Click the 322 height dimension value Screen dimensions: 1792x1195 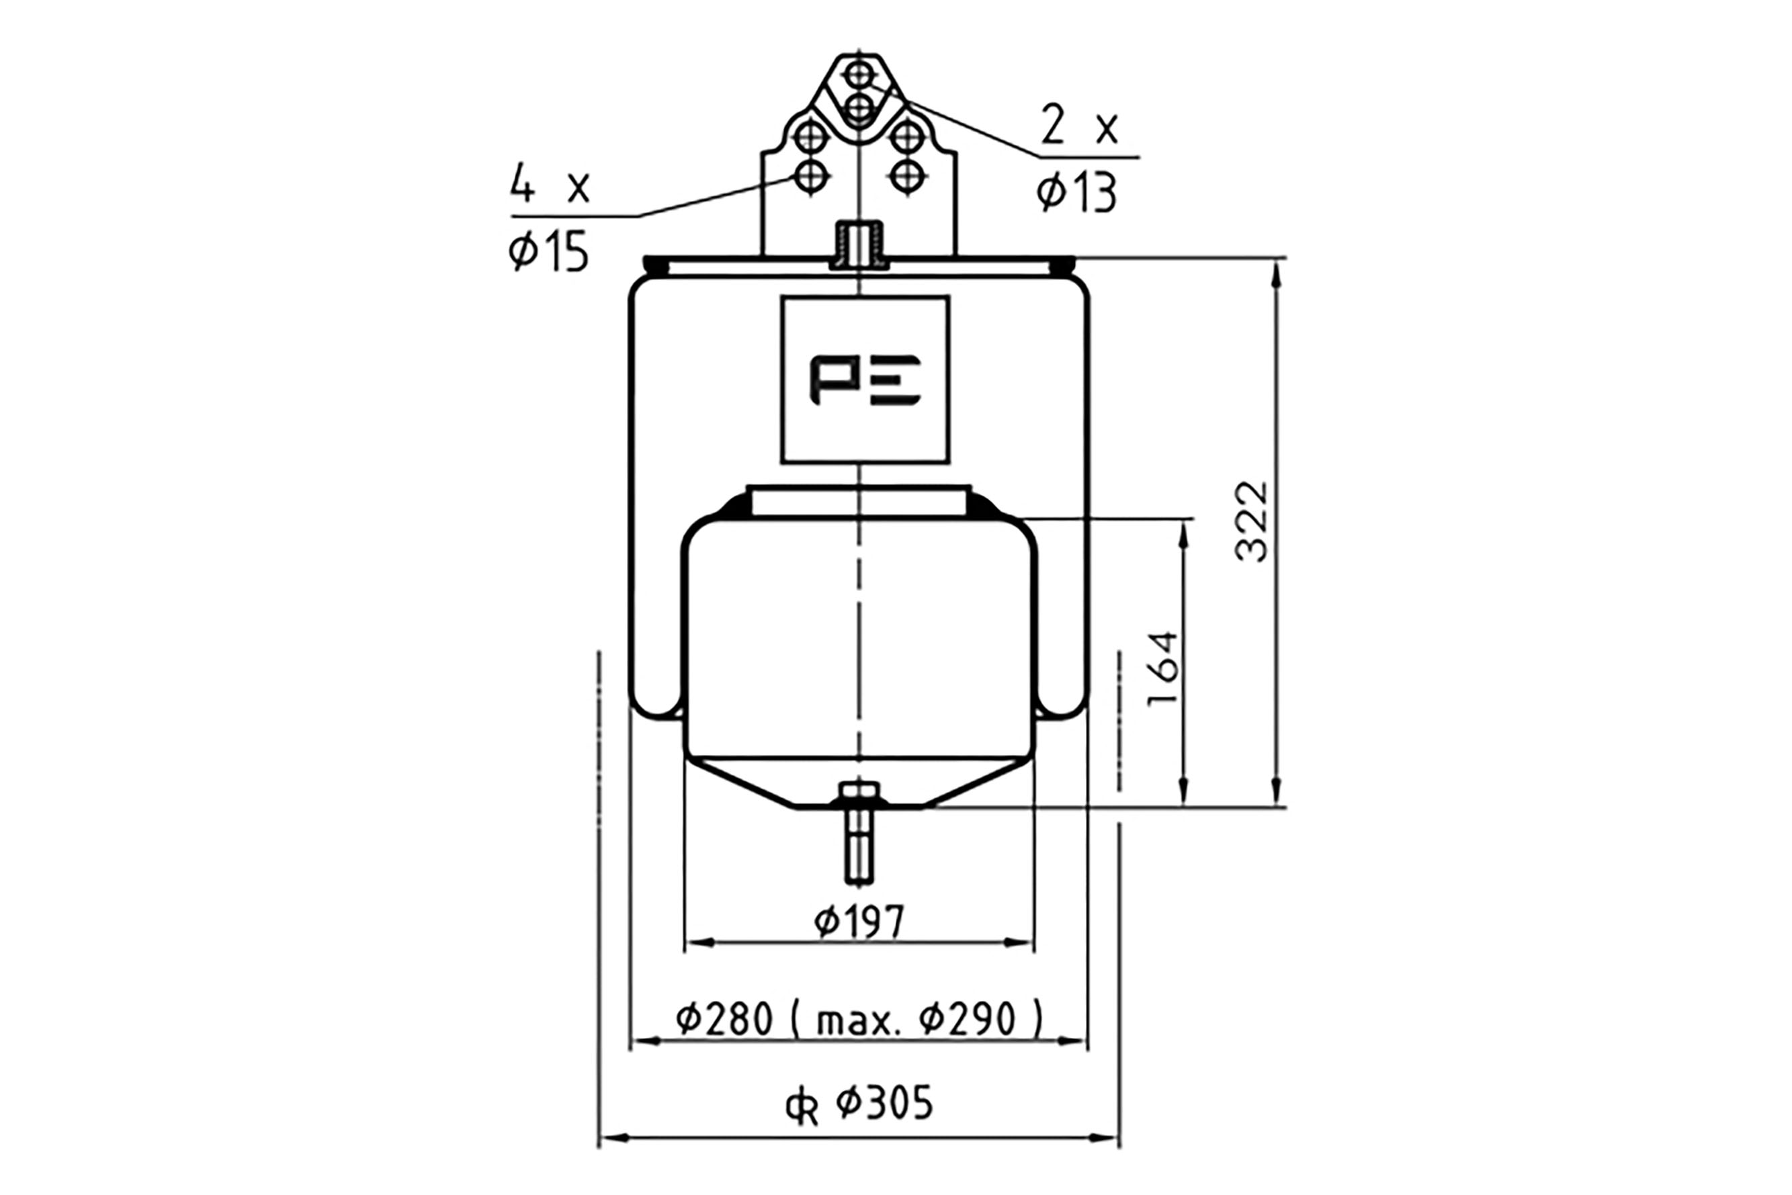click(x=1252, y=521)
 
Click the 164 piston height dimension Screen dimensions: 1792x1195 click(x=1164, y=668)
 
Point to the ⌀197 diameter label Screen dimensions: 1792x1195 click(x=859, y=922)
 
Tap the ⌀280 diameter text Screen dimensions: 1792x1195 click(x=724, y=1018)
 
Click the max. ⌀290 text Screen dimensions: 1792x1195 click(x=929, y=1019)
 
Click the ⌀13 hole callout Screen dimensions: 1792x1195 click(x=1076, y=193)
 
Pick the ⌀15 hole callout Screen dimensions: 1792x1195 click(x=549, y=251)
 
